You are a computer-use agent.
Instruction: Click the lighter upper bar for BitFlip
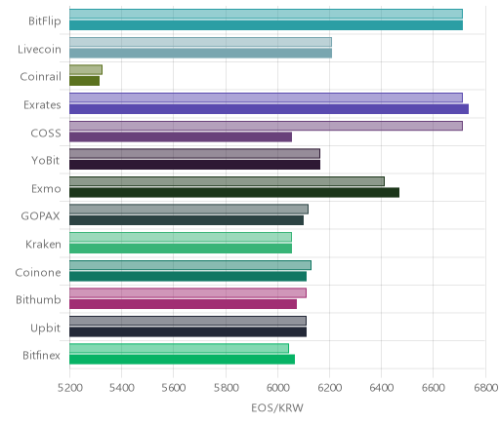(x=266, y=14)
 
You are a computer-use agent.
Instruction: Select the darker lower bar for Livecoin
(x=200, y=54)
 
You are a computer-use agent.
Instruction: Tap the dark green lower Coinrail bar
(x=84, y=81)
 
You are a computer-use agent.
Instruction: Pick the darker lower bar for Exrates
(x=269, y=109)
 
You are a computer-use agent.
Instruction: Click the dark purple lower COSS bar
(x=181, y=137)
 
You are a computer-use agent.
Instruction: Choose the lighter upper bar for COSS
(x=266, y=126)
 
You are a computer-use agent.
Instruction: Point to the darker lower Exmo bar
(x=234, y=193)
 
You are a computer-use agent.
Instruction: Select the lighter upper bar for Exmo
(x=227, y=181)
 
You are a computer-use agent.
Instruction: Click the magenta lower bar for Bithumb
(x=183, y=304)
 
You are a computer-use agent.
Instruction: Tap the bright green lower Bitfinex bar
(x=182, y=360)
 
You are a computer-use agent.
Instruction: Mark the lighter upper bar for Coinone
(x=190, y=265)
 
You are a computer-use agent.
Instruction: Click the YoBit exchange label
(x=46, y=161)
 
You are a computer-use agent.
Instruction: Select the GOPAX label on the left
(x=40, y=216)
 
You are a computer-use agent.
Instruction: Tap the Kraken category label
(x=43, y=244)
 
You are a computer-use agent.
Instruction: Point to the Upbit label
(x=45, y=328)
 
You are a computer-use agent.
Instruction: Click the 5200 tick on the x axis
(x=69, y=388)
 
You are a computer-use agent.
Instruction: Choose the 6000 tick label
(x=277, y=388)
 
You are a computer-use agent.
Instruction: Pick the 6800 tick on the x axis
(x=485, y=388)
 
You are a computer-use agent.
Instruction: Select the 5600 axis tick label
(x=174, y=388)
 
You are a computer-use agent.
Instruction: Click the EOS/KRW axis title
(x=277, y=407)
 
